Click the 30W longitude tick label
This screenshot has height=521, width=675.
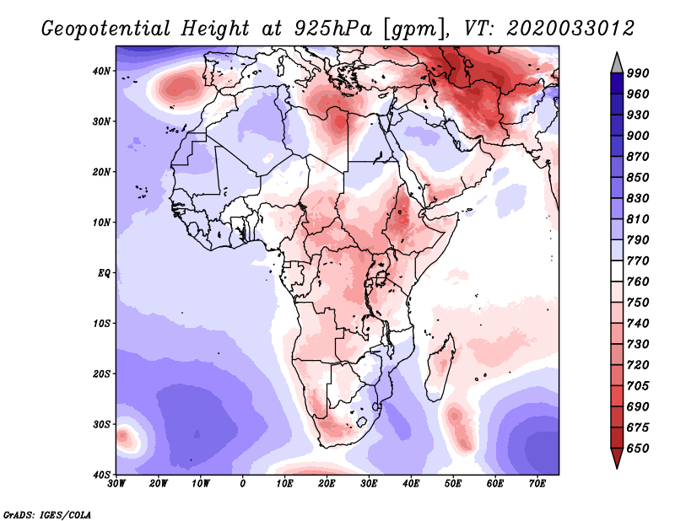[116, 484]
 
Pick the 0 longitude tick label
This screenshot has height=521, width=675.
[243, 484]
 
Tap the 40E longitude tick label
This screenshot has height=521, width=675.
[411, 484]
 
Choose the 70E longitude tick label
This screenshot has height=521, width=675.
[537, 484]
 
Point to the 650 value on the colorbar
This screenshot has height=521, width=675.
[637, 448]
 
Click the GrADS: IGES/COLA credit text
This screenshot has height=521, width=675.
[47, 513]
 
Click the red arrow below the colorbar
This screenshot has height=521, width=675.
[617, 458]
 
